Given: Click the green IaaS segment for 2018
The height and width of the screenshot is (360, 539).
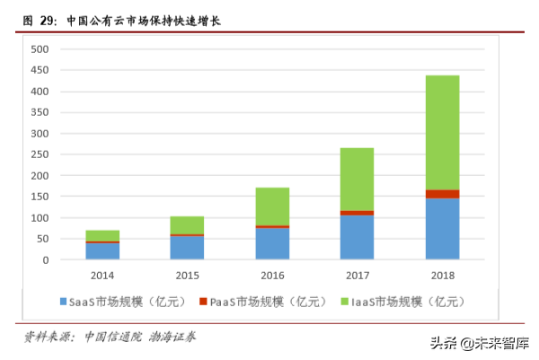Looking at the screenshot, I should (x=442, y=133).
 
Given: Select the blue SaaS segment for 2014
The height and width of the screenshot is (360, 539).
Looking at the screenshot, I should (x=102, y=251).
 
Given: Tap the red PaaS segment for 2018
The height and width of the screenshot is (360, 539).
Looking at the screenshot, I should (x=442, y=194).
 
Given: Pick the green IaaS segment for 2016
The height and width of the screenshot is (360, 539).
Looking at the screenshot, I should (x=272, y=206).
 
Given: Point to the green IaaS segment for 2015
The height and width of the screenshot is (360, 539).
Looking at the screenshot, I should (x=187, y=224).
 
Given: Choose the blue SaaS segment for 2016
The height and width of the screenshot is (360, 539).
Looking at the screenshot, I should (x=272, y=244).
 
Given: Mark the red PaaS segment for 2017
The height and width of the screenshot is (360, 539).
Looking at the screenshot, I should (x=357, y=213).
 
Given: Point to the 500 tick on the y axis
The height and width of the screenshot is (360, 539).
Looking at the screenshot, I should (x=39, y=49).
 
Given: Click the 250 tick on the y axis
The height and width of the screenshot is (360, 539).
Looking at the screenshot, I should (x=39, y=154).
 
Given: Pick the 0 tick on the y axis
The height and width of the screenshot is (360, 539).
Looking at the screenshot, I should (x=45, y=260).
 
